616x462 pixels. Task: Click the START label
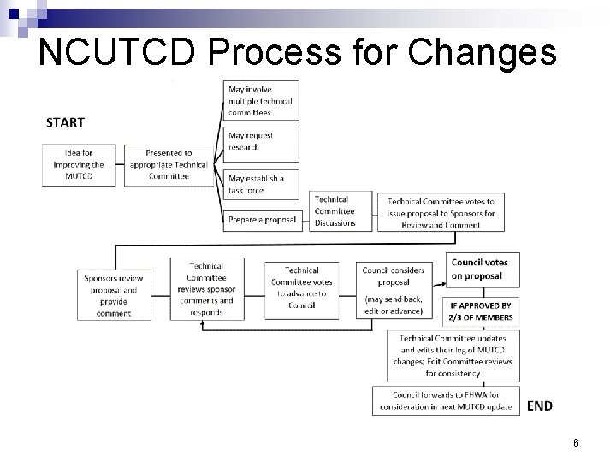point(65,122)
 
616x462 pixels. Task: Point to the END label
point(539,406)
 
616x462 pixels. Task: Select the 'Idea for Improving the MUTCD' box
point(80,164)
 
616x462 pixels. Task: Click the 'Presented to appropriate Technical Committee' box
point(169,164)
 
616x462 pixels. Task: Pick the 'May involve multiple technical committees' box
point(261,101)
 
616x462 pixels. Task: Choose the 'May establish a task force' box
point(261,184)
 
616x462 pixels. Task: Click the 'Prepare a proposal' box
point(262,220)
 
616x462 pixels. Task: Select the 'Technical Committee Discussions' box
point(340,211)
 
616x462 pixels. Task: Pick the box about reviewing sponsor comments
point(207,289)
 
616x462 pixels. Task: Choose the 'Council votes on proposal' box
point(478,269)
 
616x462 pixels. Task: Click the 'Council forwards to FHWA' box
point(446,400)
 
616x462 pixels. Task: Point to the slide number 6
point(577,442)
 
